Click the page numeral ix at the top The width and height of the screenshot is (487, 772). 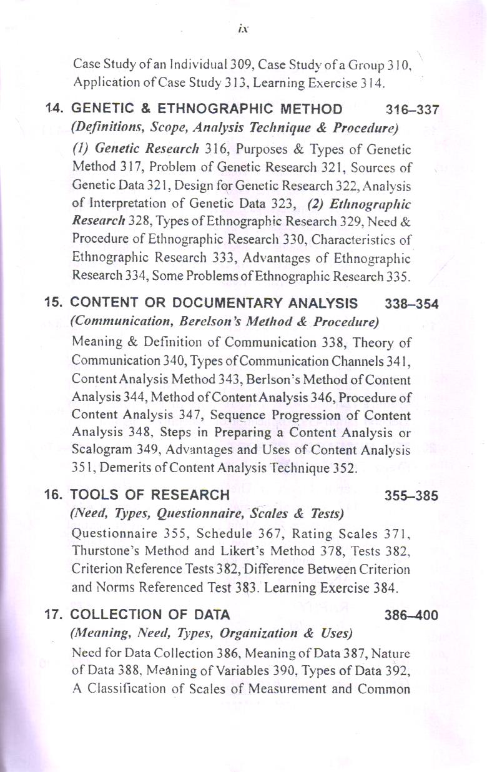pos(243,29)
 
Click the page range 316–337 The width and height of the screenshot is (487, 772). pos(413,111)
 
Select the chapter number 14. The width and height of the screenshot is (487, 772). pos(54,110)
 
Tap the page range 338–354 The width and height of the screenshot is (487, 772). pos(412,304)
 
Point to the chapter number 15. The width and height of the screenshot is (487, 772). pos(54,304)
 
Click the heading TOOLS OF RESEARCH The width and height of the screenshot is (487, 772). pos(150,495)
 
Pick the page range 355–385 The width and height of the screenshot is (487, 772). pos(412,496)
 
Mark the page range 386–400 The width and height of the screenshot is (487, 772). pos(412,615)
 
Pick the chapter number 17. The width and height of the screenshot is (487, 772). pos(54,614)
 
